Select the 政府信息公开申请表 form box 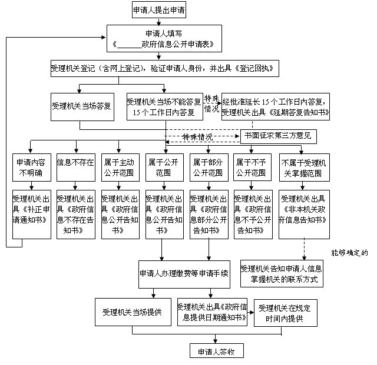tap(167, 39)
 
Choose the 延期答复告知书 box tap(275, 106)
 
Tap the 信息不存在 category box tap(75, 162)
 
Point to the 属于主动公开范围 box tap(120, 167)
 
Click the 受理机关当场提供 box tap(131, 312)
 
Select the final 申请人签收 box tap(216, 350)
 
